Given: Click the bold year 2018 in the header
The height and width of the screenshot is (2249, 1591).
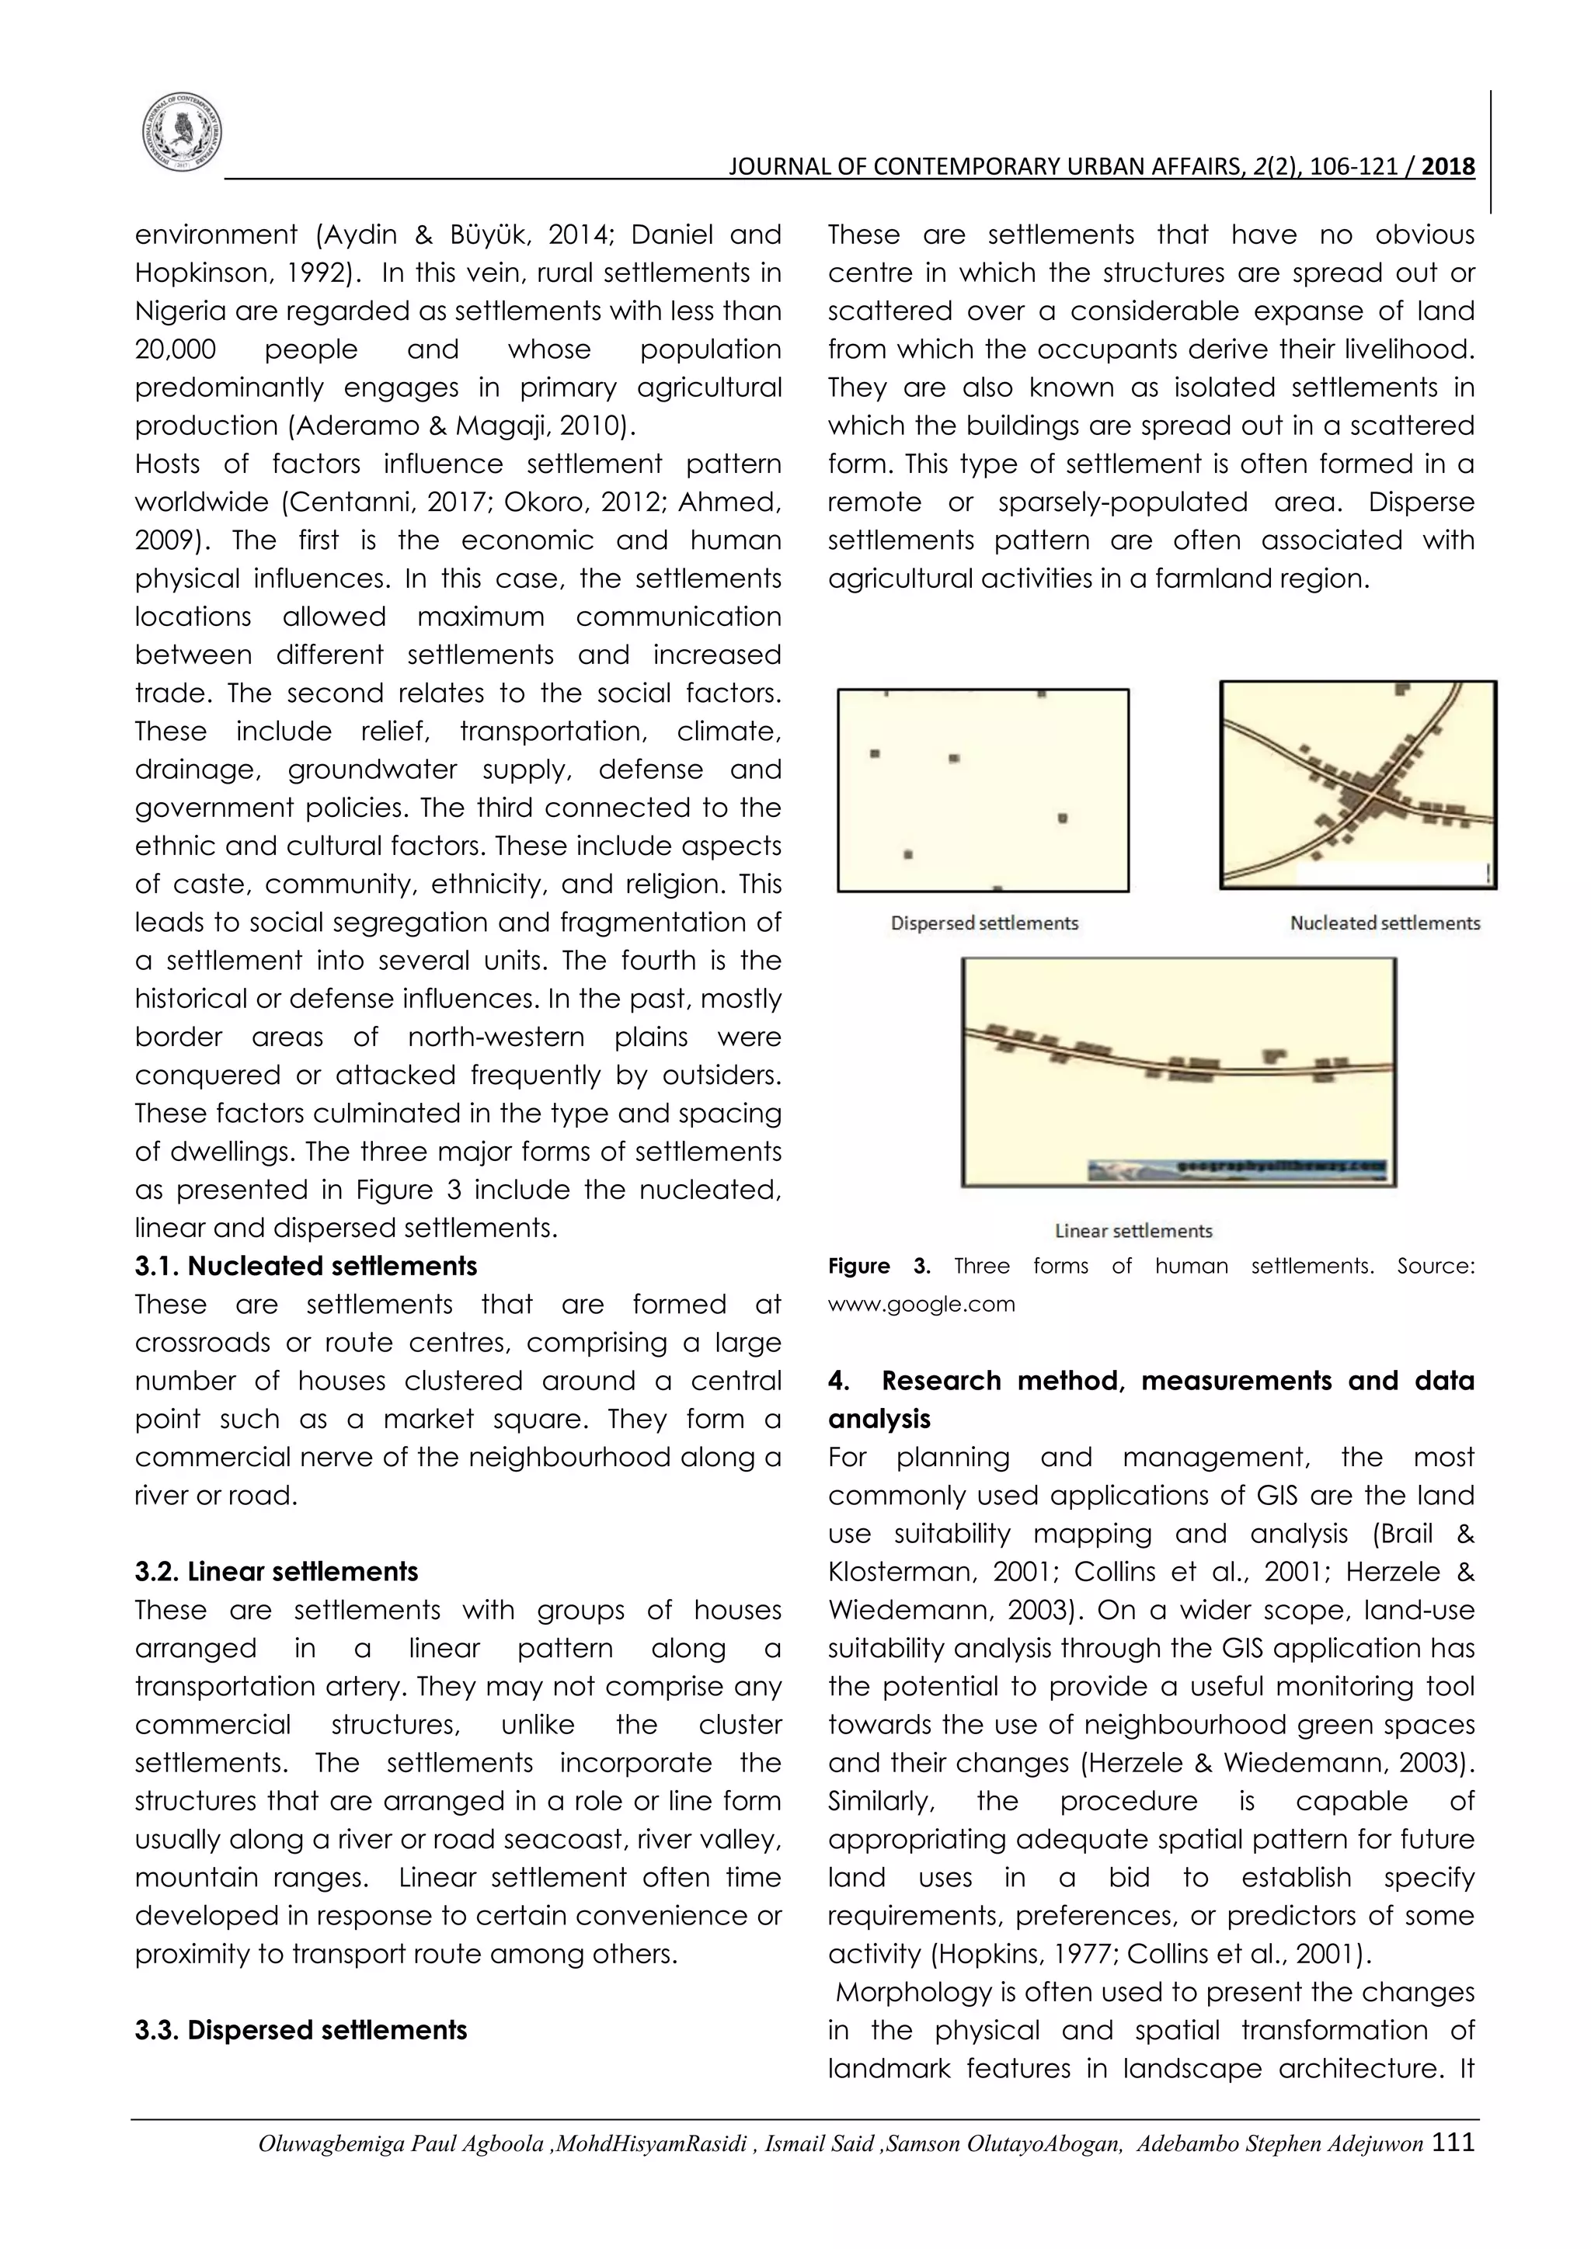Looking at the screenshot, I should pos(1447,166).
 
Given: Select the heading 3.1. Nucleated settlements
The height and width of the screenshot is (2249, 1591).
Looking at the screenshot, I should pos(305,1267).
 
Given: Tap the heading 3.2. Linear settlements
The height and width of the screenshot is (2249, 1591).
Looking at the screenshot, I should pos(277,1572).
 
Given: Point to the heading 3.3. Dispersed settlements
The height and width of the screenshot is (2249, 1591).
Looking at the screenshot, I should pos(301,2031).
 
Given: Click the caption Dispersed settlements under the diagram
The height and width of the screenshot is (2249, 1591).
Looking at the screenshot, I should pos(983,923).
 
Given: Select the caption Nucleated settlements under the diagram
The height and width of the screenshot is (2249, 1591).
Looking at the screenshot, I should pos(1384,923).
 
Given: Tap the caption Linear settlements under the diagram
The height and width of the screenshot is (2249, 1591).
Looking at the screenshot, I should pos(1133,1231).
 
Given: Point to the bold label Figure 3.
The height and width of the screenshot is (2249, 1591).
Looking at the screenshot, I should pos(878,1267).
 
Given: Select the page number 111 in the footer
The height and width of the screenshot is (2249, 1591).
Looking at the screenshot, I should pos(1453,2143).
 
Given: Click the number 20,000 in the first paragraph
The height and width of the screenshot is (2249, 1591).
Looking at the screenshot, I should pos(176,349).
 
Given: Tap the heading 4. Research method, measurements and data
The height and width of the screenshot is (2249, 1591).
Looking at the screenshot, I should pos(1151,1381).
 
